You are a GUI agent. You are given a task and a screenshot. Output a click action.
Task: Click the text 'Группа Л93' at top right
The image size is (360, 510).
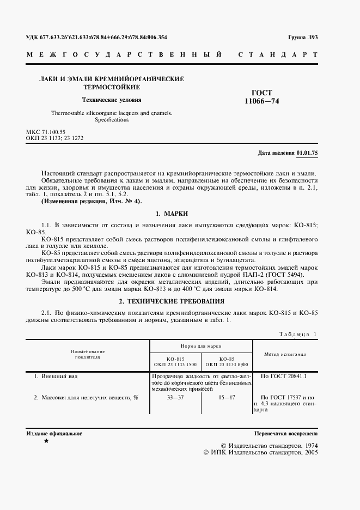point(302,37)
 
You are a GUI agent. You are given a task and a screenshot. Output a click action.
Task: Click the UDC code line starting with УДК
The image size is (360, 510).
point(97,37)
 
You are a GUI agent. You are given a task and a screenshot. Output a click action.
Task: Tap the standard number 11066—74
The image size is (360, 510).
point(263,101)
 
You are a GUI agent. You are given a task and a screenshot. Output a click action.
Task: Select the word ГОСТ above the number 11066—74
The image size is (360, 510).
point(262,93)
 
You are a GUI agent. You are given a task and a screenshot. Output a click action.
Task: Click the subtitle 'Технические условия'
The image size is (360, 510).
point(111,100)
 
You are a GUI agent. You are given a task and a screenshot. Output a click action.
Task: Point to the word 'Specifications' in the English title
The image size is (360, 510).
point(111,119)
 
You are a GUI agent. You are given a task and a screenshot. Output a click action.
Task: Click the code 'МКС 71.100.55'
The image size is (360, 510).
point(46,132)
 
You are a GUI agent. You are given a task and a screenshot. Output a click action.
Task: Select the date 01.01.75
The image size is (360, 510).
point(307,153)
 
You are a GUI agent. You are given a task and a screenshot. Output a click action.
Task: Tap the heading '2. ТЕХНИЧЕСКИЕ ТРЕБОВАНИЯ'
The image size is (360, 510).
point(172,301)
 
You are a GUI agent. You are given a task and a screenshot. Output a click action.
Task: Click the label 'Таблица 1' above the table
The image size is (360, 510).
point(297,334)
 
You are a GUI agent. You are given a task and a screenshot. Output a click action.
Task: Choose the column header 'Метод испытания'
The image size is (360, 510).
point(285,354)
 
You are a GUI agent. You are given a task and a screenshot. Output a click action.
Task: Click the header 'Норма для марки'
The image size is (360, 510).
point(201,346)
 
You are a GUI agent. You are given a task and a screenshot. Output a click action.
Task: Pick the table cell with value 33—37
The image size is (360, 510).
point(175,397)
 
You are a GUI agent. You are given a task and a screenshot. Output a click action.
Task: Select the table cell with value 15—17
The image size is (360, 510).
point(226,397)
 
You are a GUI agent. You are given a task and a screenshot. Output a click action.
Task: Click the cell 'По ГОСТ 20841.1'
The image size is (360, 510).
point(284,376)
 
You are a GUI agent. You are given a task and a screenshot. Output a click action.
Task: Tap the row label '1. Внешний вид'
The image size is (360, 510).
point(59,376)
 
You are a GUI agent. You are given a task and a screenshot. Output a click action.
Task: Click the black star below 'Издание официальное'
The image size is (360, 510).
point(46,440)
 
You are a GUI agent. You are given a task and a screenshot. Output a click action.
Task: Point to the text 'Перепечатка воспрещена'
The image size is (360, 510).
point(286,434)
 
